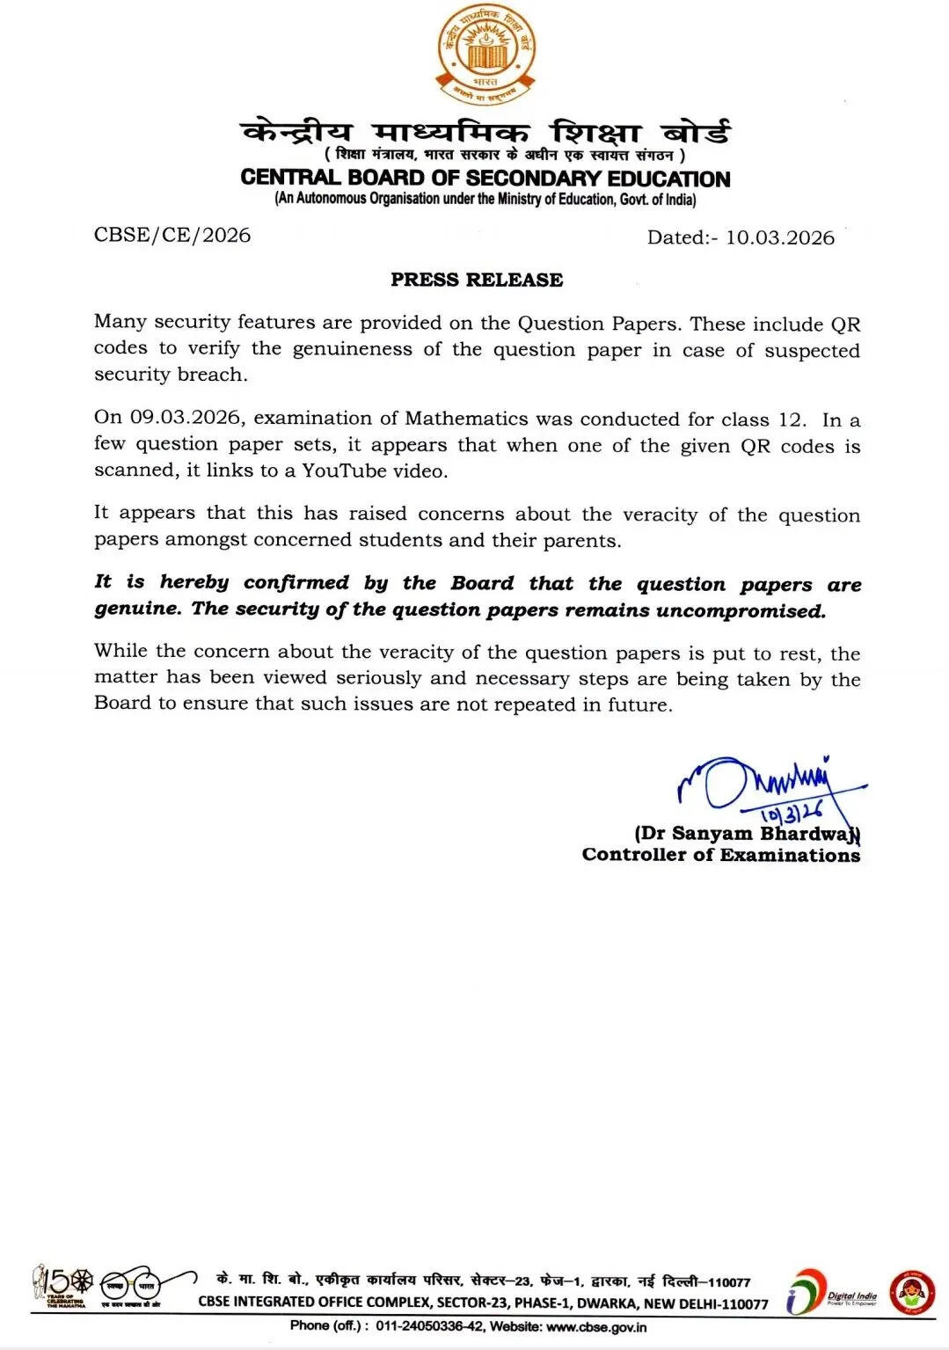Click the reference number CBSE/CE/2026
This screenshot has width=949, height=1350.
point(172,235)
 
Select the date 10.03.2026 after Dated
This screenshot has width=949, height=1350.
point(779,237)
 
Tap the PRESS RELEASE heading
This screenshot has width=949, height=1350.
point(477,280)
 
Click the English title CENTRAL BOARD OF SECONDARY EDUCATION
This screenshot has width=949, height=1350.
point(485,178)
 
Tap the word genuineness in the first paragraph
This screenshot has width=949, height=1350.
point(352,349)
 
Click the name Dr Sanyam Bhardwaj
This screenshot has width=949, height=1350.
point(748,833)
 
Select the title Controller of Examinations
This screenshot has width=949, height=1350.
point(721,855)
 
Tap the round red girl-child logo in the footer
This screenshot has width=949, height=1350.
point(911,1292)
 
